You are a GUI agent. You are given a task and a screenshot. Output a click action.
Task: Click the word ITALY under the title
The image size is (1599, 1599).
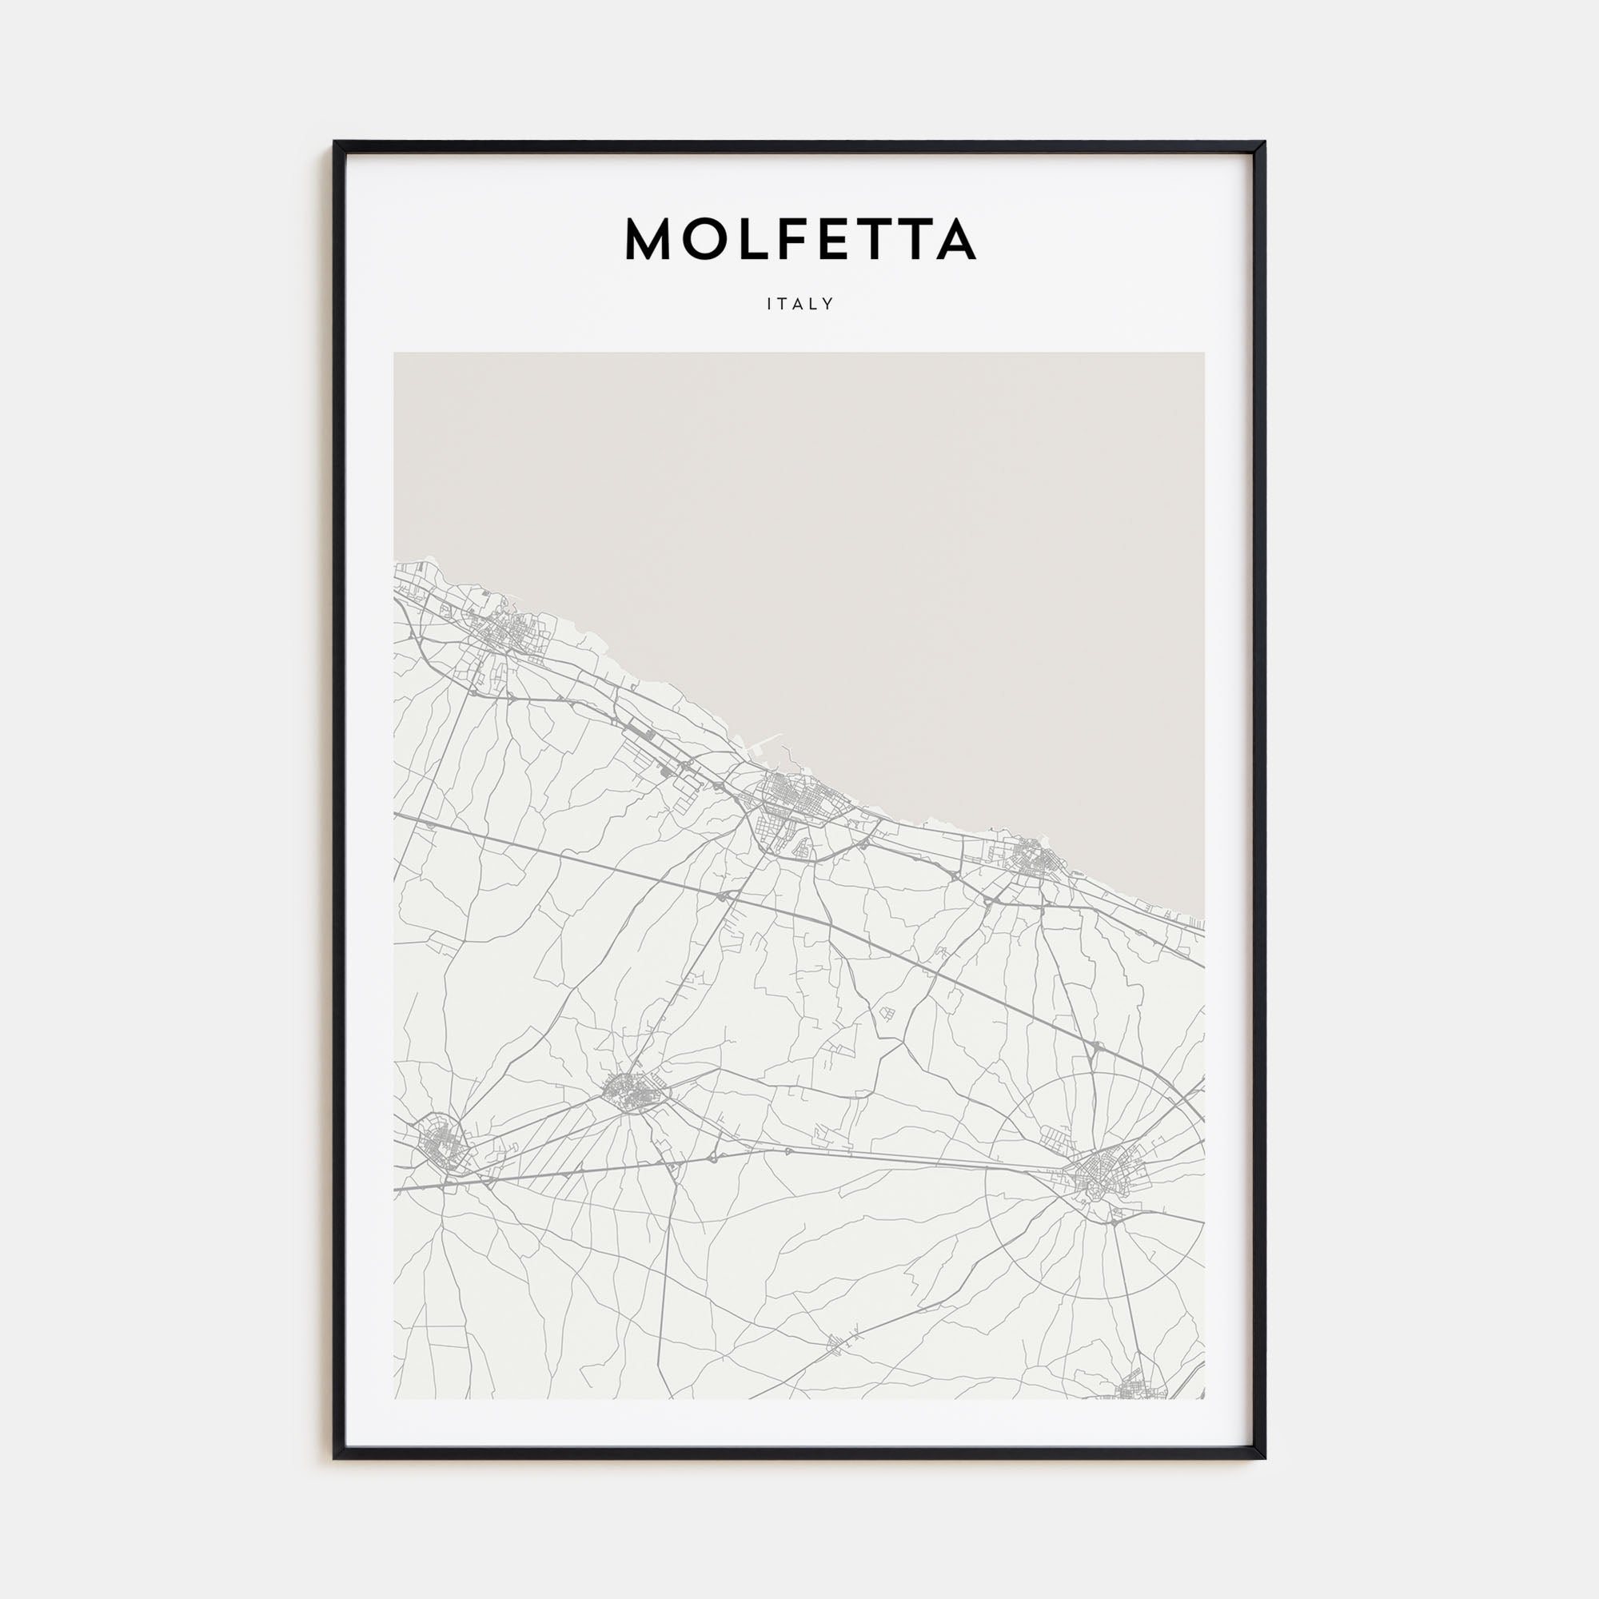tap(799, 304)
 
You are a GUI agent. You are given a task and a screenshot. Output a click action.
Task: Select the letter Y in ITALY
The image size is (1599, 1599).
tap(828, 304)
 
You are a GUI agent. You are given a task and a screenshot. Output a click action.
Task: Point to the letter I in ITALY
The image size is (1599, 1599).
tap(770, 304)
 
